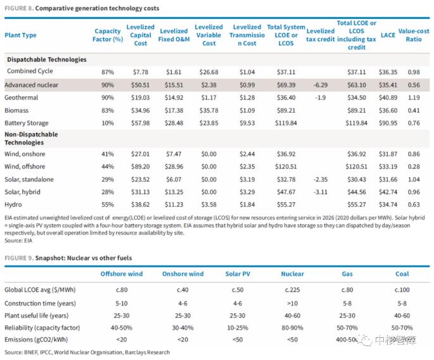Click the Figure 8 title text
click(82, 8)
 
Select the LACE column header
click(388, 35)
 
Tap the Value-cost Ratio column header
click(414, 35)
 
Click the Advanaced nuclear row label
click(31, 85)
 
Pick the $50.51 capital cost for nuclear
click(140, 85)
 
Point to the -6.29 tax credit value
click(320, 85)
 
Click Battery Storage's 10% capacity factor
click(108, 123)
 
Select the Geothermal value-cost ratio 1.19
click(414, 98)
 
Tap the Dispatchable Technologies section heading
click(47, 60)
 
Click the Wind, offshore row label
click(25, 167)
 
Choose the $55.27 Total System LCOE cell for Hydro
click(286, 205)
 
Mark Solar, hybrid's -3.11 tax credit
click(320, 192)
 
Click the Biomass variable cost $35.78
click(208, 110)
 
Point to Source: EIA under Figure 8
click(18, 240)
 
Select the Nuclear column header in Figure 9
click(292, 274)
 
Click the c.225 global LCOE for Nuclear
click(292, 290)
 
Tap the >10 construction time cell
click(292, 304)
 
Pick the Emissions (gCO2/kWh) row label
click(36, 340)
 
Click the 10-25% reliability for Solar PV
click(238, 328)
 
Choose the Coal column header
click(402, 274)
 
